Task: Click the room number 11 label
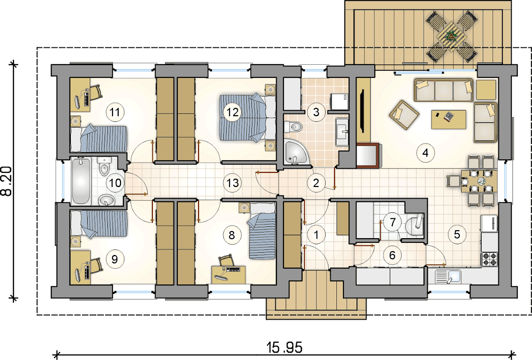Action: point(115,112)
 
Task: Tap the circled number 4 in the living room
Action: point(425,152)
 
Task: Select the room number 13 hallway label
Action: point(232,183)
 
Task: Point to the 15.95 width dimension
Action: point(284,347)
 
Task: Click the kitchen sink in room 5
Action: point(448,277)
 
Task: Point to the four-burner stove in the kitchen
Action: point(489,259)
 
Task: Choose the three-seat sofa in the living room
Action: point(443,90)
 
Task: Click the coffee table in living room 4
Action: point(448,120)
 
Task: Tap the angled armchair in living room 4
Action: point(404,115)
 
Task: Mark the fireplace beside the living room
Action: point(368,156)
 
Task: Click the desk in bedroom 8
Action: point(228,274)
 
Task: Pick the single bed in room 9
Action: point(99,224)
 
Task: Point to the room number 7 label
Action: point(393,222)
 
